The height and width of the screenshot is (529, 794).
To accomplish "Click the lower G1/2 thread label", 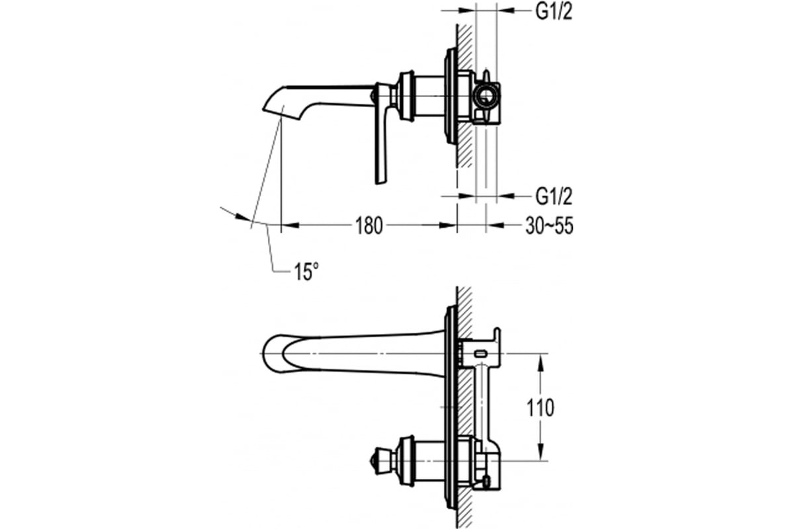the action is click(x=554, y=196).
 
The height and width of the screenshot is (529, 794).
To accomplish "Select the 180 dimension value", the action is click(x=369, y=226).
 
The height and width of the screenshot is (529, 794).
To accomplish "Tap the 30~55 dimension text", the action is click(x=549, y=226).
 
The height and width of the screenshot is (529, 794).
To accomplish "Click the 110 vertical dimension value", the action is click(x=540, y=408).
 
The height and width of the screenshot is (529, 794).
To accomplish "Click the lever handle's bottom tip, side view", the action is click(x=380, y=183).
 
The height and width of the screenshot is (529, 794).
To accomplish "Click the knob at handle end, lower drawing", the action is click(x=377, y=461).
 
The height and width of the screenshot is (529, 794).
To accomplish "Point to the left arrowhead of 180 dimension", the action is click(x=290, y=225).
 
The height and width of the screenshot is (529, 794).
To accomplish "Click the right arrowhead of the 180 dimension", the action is click(x=448, y=225).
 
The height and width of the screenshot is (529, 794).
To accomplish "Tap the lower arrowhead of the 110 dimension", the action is click(x=540, y=452).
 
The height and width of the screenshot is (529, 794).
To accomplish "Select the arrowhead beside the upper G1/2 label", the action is click(x=505, y=11).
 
